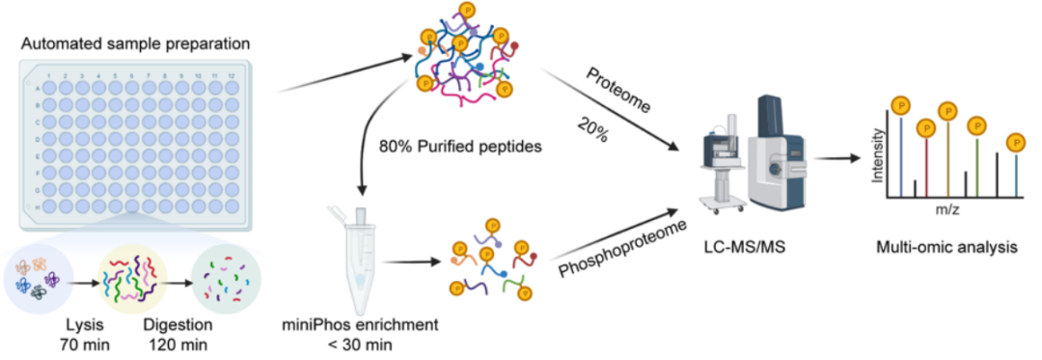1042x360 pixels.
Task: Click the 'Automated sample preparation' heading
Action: pyautogui.click(x=136, y=45)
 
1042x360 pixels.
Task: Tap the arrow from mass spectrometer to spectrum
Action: pyautogui.click(x=834, y=158)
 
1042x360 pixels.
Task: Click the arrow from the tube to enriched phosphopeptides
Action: pyautogui.click(x=413, y=262)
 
